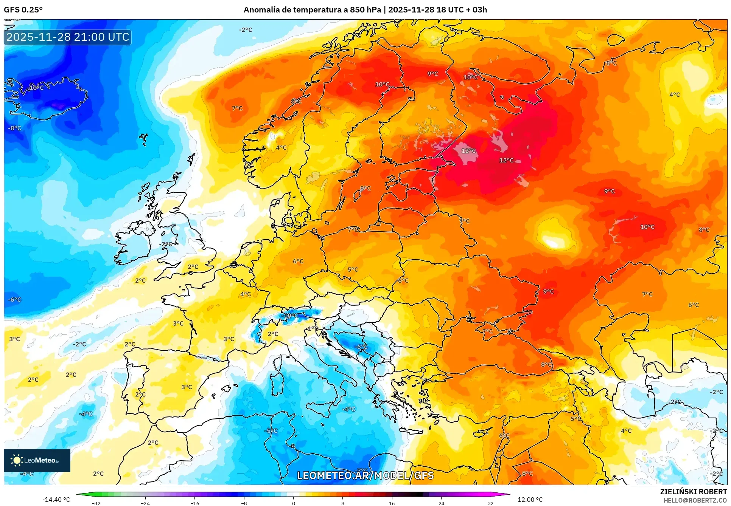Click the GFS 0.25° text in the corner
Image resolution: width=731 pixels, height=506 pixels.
coord(23,10)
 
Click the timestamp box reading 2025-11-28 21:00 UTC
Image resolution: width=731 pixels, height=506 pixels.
coord(68,37)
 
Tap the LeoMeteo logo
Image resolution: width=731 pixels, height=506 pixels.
coord(37,460)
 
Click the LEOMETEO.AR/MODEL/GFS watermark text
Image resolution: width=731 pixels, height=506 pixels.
coord(365,475)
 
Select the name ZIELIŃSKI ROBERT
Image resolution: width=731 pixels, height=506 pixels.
coord(693,492)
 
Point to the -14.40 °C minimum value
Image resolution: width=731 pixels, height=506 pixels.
coord(56,500)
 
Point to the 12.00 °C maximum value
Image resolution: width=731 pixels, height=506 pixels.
coord(530,500)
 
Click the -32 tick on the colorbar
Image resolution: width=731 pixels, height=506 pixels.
coord(96,503)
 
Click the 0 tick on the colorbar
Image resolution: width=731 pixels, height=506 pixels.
coord(293,503)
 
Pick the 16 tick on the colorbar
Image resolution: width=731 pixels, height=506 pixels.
coord(392,503)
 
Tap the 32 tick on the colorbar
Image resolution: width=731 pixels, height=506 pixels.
coord(490,503)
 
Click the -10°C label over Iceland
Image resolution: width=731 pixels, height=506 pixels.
coord(36,88)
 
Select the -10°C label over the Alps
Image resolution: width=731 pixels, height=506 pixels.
coord(290,316)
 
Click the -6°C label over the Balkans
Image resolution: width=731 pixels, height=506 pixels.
coord(361,347)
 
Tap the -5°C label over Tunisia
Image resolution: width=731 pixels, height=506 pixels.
coord(271,431)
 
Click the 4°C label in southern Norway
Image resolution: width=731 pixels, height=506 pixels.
coord(281,148)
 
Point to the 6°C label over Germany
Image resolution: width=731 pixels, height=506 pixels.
coord(298,261)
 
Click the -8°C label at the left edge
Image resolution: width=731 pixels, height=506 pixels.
coord(15,128)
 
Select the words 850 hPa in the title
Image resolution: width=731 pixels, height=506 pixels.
coord(365,10)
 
